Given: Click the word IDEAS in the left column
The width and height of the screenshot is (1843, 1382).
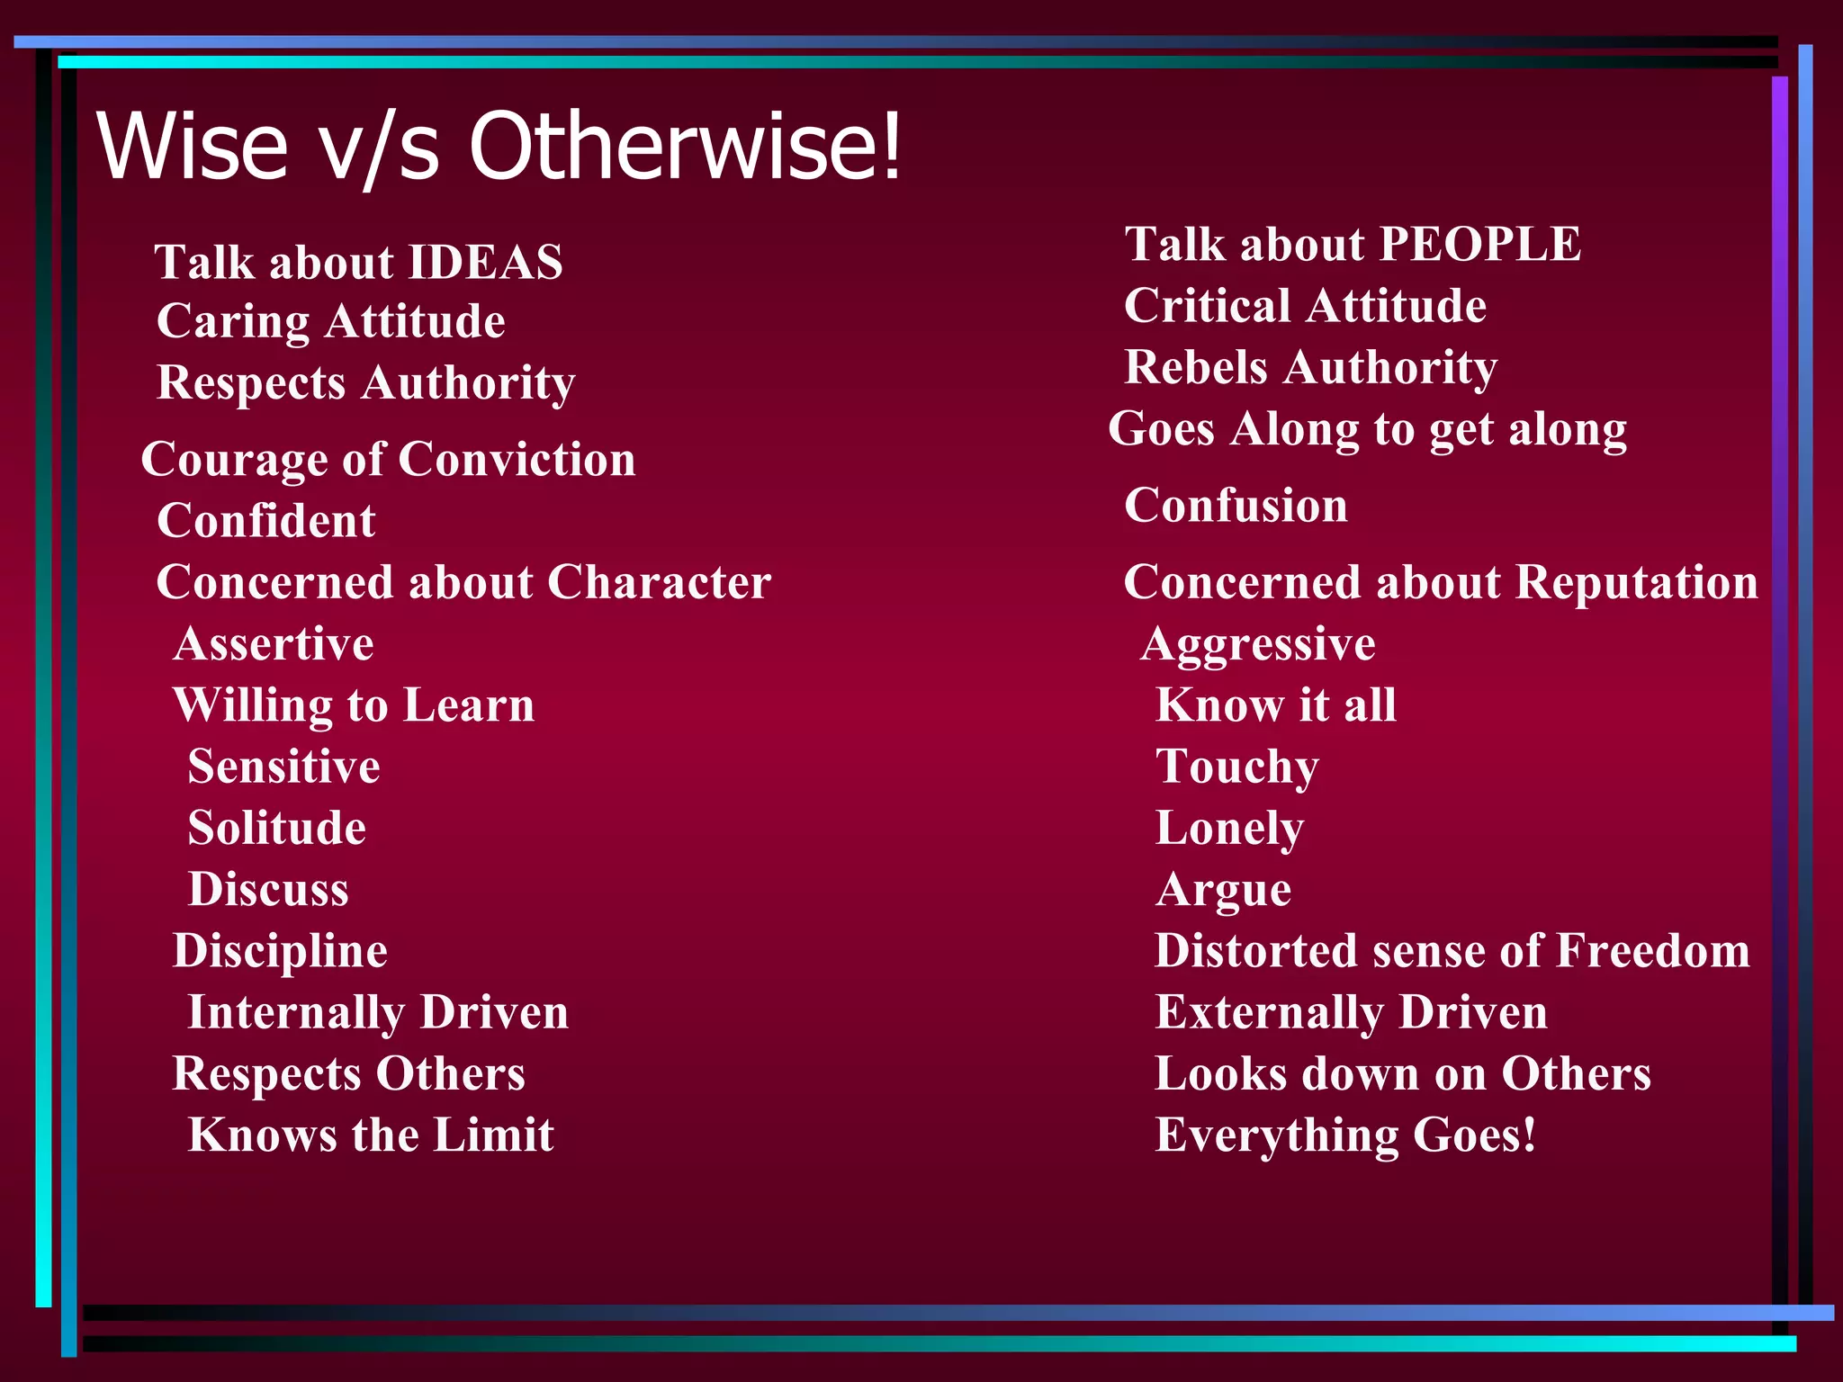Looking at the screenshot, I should coord(486,263).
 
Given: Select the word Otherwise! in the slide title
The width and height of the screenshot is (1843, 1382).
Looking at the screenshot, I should coord(684,146).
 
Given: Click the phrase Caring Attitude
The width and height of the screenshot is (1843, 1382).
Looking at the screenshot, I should coord(330,322).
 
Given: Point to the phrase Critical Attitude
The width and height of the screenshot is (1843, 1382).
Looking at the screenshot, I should coord(1305,306).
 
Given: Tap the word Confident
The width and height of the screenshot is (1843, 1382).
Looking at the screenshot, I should coord(265,521).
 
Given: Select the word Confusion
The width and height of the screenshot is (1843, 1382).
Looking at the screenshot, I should coord(1236,506).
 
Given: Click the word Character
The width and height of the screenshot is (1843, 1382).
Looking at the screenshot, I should coord(659,582).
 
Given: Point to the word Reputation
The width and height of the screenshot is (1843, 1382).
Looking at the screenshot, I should coord(1636,582).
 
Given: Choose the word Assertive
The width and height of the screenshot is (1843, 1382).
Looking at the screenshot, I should coord(274,644).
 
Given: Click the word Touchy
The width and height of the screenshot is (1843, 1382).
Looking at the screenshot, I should coord(1237,767).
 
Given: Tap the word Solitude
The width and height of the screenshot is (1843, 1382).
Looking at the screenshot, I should coord(276,829).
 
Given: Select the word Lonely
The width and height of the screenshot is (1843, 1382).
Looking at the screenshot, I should coord(1229,829).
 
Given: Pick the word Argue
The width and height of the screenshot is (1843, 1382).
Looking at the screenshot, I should coord(1224,890).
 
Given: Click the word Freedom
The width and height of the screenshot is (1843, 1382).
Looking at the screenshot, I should coord(1653,951).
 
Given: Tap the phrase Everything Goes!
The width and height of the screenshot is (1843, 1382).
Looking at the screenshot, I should coord(1345,1135).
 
